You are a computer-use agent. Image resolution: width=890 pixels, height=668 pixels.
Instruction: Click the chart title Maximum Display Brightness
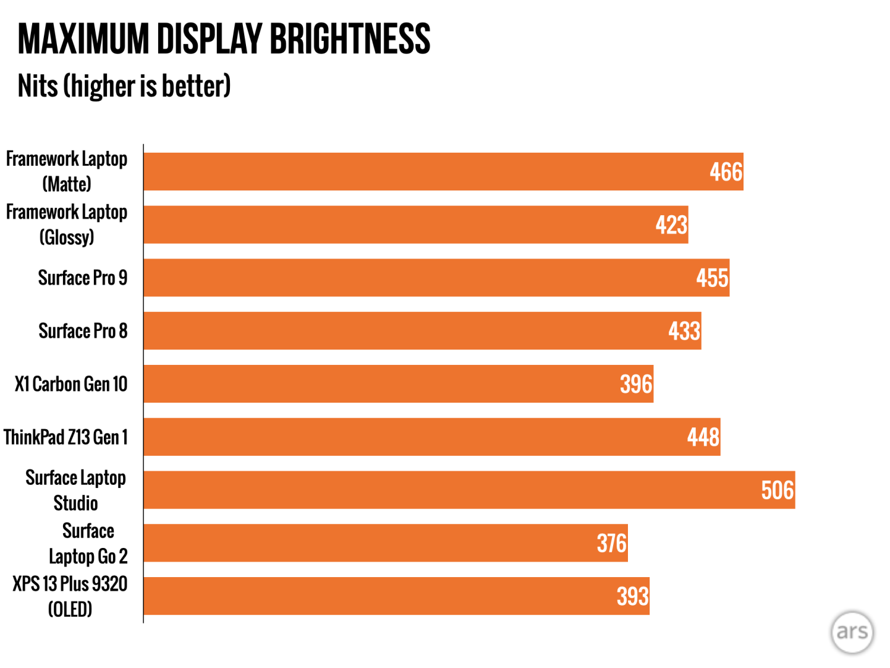(224, 39)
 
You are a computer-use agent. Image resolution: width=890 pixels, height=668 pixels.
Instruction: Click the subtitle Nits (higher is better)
(124, 86)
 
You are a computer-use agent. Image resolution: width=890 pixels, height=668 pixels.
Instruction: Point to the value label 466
(726, 172)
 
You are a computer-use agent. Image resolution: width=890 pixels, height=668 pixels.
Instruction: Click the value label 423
(671, 225)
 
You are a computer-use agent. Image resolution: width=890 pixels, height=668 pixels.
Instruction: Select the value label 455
(712, 278)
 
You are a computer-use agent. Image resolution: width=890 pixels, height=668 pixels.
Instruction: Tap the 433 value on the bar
(684, 331)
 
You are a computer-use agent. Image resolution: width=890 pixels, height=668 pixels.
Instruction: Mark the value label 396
(636, 384)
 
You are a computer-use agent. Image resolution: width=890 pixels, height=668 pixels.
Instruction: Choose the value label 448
(703, 437)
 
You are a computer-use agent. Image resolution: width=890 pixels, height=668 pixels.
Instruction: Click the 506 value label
(777, 490)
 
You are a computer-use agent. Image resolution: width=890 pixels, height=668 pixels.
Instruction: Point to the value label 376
(611, 544)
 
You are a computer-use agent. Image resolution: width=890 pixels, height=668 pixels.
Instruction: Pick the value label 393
(632, 596)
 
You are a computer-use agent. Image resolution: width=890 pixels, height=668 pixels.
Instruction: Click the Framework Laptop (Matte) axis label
(67, 171)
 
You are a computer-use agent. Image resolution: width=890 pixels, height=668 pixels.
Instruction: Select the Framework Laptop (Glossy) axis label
(67, 225)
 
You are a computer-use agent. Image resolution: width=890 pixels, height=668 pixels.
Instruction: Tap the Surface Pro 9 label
(83, 278)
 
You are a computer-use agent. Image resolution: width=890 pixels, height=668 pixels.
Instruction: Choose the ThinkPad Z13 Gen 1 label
(66, 437)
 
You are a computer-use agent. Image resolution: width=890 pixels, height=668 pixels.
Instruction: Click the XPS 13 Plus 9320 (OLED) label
(70, 596)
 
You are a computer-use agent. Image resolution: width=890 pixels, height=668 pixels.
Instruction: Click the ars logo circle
(852, 632)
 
